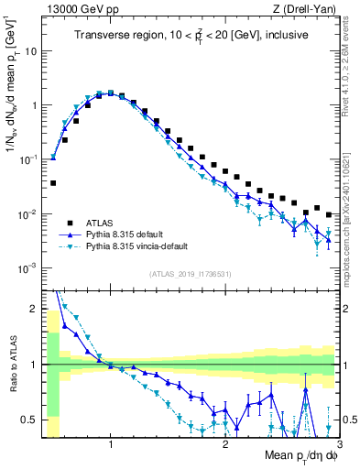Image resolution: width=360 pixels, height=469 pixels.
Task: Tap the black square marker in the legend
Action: (69, 222)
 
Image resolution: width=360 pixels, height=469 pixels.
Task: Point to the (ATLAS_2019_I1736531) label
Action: (191, 274)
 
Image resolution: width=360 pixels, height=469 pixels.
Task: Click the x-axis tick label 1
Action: (111, 446)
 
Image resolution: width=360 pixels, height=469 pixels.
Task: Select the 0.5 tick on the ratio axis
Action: (32, 420)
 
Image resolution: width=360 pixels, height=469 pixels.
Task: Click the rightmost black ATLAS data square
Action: (329, 215)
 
